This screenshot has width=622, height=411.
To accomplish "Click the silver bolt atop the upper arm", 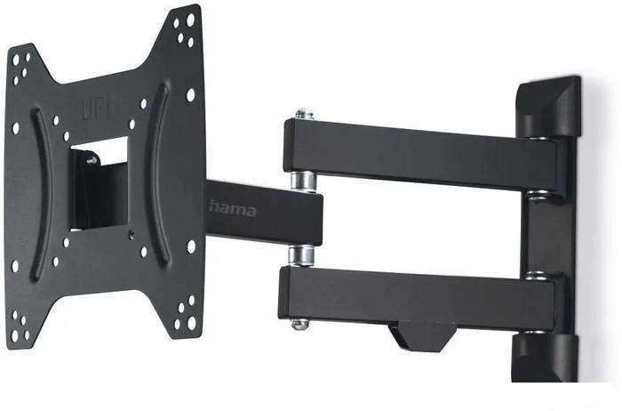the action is point(304,115).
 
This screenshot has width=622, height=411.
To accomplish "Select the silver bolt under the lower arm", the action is point(300,325).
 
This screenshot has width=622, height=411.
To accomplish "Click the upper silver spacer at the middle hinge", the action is point(304,181).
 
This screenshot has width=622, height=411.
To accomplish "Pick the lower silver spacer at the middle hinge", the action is point(301,255).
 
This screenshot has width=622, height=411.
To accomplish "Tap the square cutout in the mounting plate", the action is point(100,183).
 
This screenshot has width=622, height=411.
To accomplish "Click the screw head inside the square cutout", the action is point(92,160).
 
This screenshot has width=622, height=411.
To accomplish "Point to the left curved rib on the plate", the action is point(42,195).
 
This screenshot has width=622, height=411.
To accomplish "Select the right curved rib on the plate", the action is point(159,173).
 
